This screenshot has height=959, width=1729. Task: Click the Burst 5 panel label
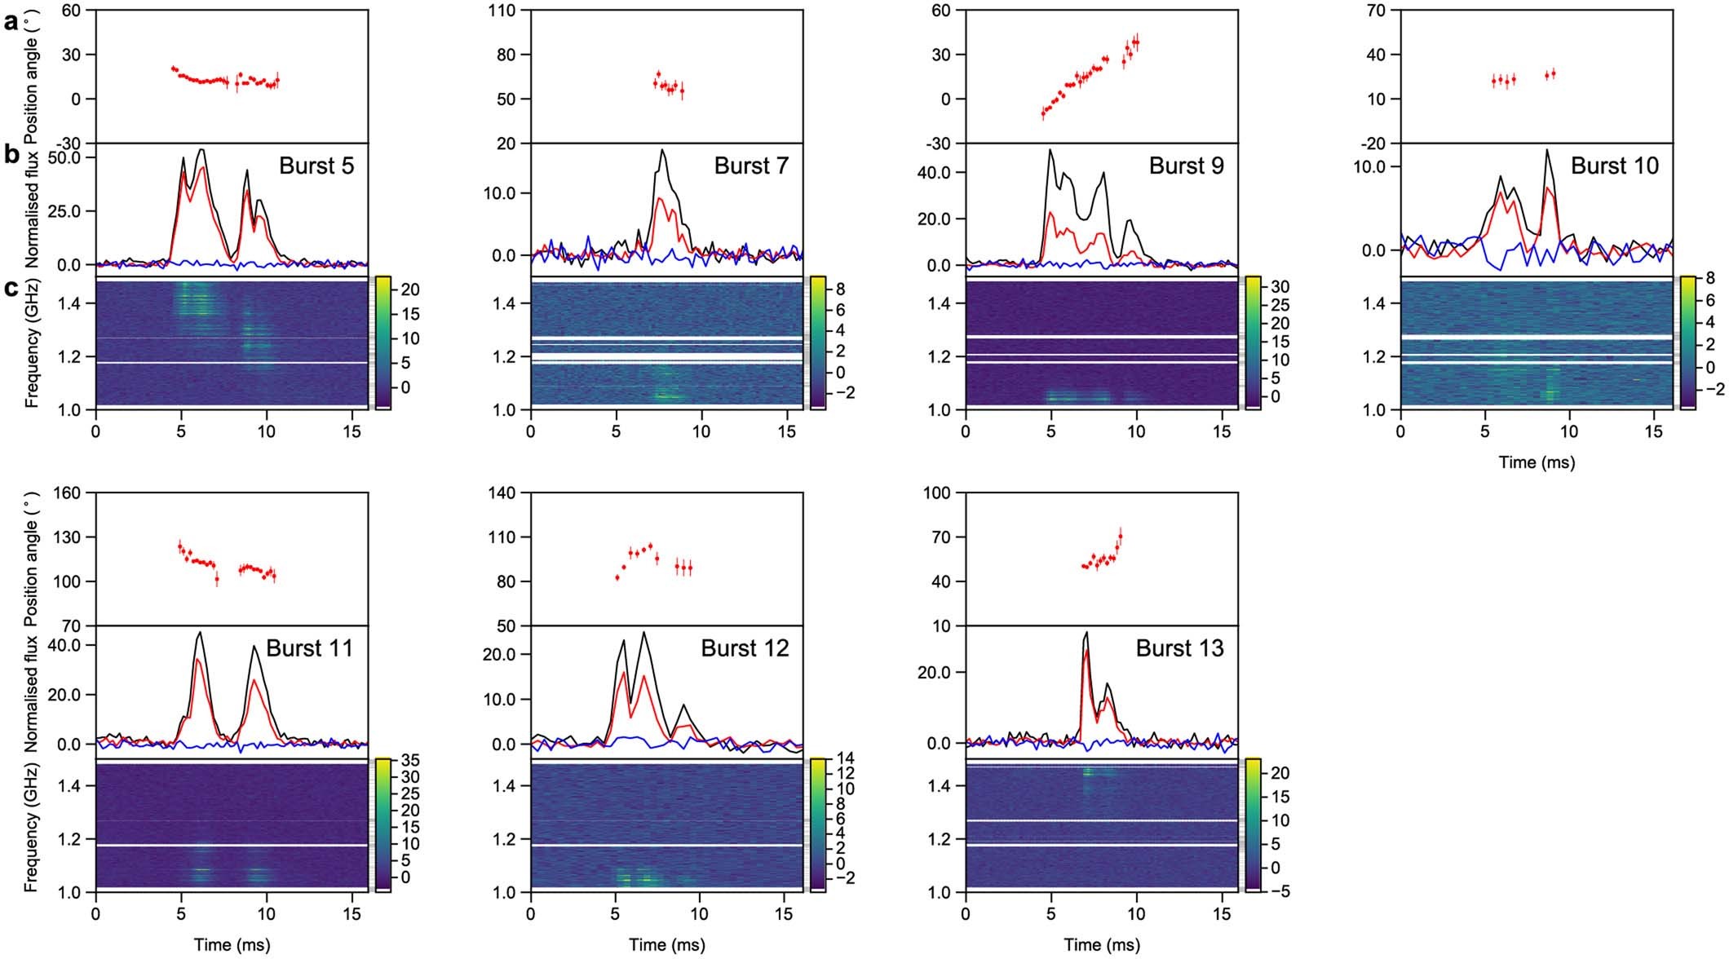(317, 166)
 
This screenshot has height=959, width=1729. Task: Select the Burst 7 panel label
(752, 166)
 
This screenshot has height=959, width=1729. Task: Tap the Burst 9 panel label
(1187, 166)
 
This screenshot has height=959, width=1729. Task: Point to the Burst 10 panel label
(1615, 166)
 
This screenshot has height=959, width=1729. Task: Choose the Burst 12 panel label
(745, 648)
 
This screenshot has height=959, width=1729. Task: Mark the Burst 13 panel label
(1179, 648)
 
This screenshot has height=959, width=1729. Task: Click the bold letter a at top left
(10, 22)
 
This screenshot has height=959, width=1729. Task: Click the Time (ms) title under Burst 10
(1537, 462)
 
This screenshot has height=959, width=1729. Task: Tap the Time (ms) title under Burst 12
(667, 945)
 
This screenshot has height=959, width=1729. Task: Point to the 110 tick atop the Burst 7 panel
(508, 11)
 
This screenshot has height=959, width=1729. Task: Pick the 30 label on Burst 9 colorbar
(1279, 288)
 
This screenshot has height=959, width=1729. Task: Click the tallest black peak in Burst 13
(1086, 632)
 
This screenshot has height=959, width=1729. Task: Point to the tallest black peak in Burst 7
(663, 149)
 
